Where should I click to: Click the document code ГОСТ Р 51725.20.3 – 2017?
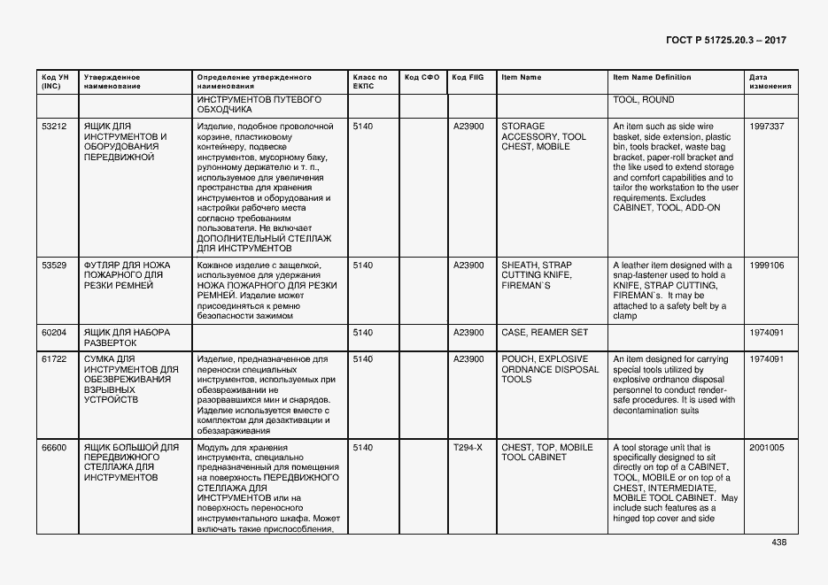pyautogui.click(x=725, y=40)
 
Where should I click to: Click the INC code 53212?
pyautogui.click(x=54, y=127)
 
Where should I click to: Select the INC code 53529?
pyautogui.click(x=54, y=266)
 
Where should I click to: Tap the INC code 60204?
pyautogui.click(x=54, y=333)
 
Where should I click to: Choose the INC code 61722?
pyautogui.click(x=54, y=359)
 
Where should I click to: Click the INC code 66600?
pyautogui.click(x=54, y=448)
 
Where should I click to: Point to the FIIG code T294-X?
pyautogui.click(x=468, y=448)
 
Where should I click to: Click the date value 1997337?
pyautogui.click(x=766, y=127)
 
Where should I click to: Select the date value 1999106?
pyautogui.click(x=766, y=266)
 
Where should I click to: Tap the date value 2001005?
pyautogui.click(x=766, y=448)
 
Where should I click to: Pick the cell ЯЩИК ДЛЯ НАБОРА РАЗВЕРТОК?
pyautogui.click(x=126, y=337)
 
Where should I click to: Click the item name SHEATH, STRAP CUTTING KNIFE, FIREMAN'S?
pyautogui.click(x=537, y=275)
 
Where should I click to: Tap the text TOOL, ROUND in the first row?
pyautogui.click(x=643, y=100)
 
